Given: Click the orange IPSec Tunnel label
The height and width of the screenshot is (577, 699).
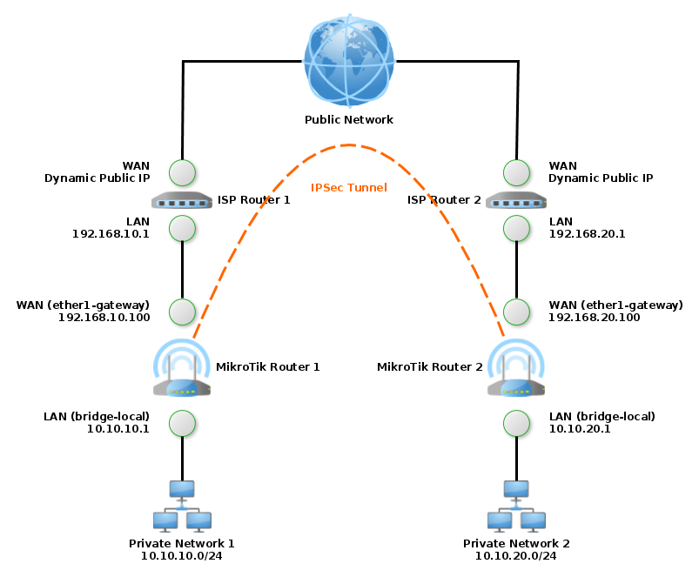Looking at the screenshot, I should (349, 187).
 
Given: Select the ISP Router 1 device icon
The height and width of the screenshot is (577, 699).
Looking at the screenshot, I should (182, 201).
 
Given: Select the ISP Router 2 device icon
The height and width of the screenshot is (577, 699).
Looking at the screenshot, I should (516, 201).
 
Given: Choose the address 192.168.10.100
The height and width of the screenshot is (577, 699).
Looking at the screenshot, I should (104, 319).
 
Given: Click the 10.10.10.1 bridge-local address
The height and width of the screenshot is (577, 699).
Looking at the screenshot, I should (118, 429).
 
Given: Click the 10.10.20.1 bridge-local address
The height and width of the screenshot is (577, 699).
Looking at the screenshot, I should (580, 429).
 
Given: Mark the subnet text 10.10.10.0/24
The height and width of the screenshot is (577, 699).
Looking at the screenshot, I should (182, 555).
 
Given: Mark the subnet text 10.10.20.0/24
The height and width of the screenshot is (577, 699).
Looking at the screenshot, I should (516, 555).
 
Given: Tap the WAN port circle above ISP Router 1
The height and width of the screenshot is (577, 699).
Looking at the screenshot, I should (182, 172).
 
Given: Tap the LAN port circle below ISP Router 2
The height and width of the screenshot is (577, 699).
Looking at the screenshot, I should (517, 228).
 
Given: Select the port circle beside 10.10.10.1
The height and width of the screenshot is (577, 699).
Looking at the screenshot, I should (182, 423).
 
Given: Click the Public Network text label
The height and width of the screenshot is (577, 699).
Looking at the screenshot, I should (349, 120).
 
